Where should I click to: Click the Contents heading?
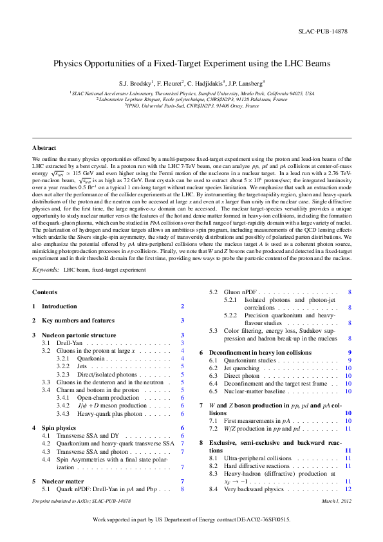click(44, 292)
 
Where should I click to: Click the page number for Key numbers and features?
click(183, 320)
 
